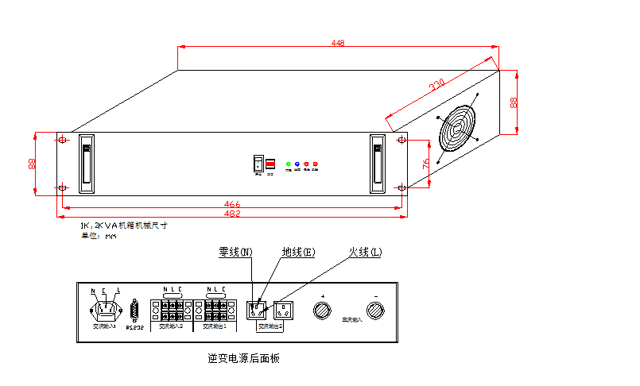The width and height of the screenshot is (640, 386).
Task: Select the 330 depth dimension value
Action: click(x=436, y=84)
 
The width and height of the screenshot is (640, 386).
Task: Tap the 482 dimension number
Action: click(x=231, y=214)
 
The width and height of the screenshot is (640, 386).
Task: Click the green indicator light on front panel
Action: click(x=288, y=164)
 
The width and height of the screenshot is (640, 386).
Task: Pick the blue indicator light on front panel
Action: click(x=297, y=164)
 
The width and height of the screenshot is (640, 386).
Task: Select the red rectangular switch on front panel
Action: click(x=270, y=164)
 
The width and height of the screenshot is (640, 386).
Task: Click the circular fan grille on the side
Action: click(x=459, y=130)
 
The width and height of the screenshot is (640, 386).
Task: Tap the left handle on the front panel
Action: click(x=87, y=164)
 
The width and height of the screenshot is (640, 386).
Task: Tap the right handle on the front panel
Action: click(x=377, y=164)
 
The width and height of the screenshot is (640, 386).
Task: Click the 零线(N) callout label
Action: click(x=235, y=253)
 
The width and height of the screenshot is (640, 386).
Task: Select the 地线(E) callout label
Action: click(x=298, y=253)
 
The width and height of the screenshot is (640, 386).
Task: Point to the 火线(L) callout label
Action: click(x=365, y=253)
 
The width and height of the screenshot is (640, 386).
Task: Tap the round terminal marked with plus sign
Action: click(x=322, y=311)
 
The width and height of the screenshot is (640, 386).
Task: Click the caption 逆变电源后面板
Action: click(x=243, y=358)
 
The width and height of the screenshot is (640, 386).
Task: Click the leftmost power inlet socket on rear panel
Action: click(x=105, y=309)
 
